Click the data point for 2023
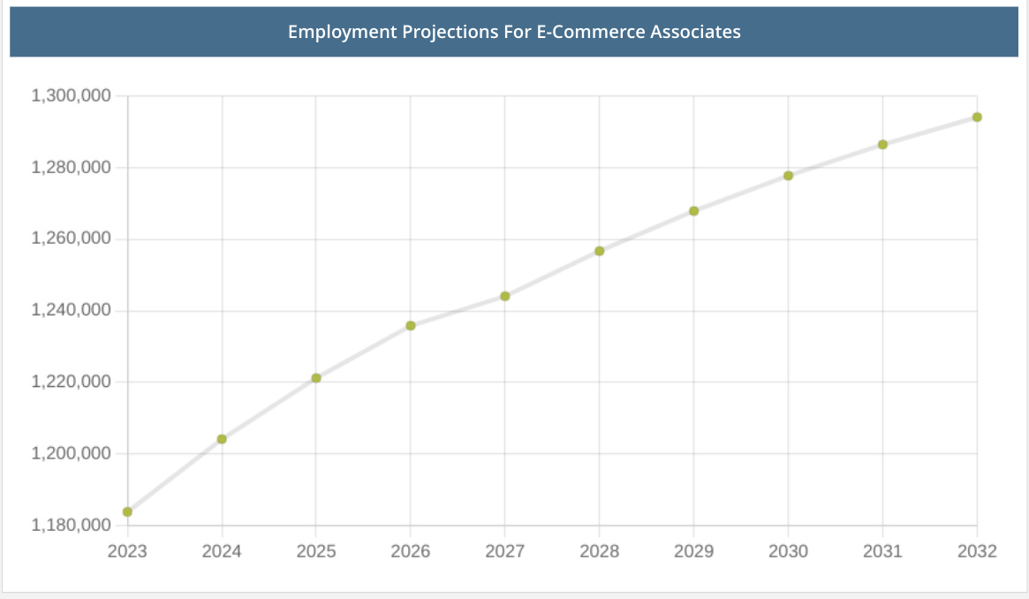(127, 512)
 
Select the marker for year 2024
(222, 439)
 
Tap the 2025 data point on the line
(316, 378)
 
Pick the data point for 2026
(411, 326)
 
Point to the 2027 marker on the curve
(505, 296)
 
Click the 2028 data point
(600, 251)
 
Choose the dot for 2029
(694, 211)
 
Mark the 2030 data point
(788, 176)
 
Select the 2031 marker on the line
(882, 145)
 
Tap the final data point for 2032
(977, 118)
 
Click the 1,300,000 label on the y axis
(71, 95)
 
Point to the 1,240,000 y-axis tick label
(71, 310)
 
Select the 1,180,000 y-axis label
(71, 526)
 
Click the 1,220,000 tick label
(71, 382)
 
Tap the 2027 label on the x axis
(505, 552)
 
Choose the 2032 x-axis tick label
(977, 552)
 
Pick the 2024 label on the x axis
(222, 552)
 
